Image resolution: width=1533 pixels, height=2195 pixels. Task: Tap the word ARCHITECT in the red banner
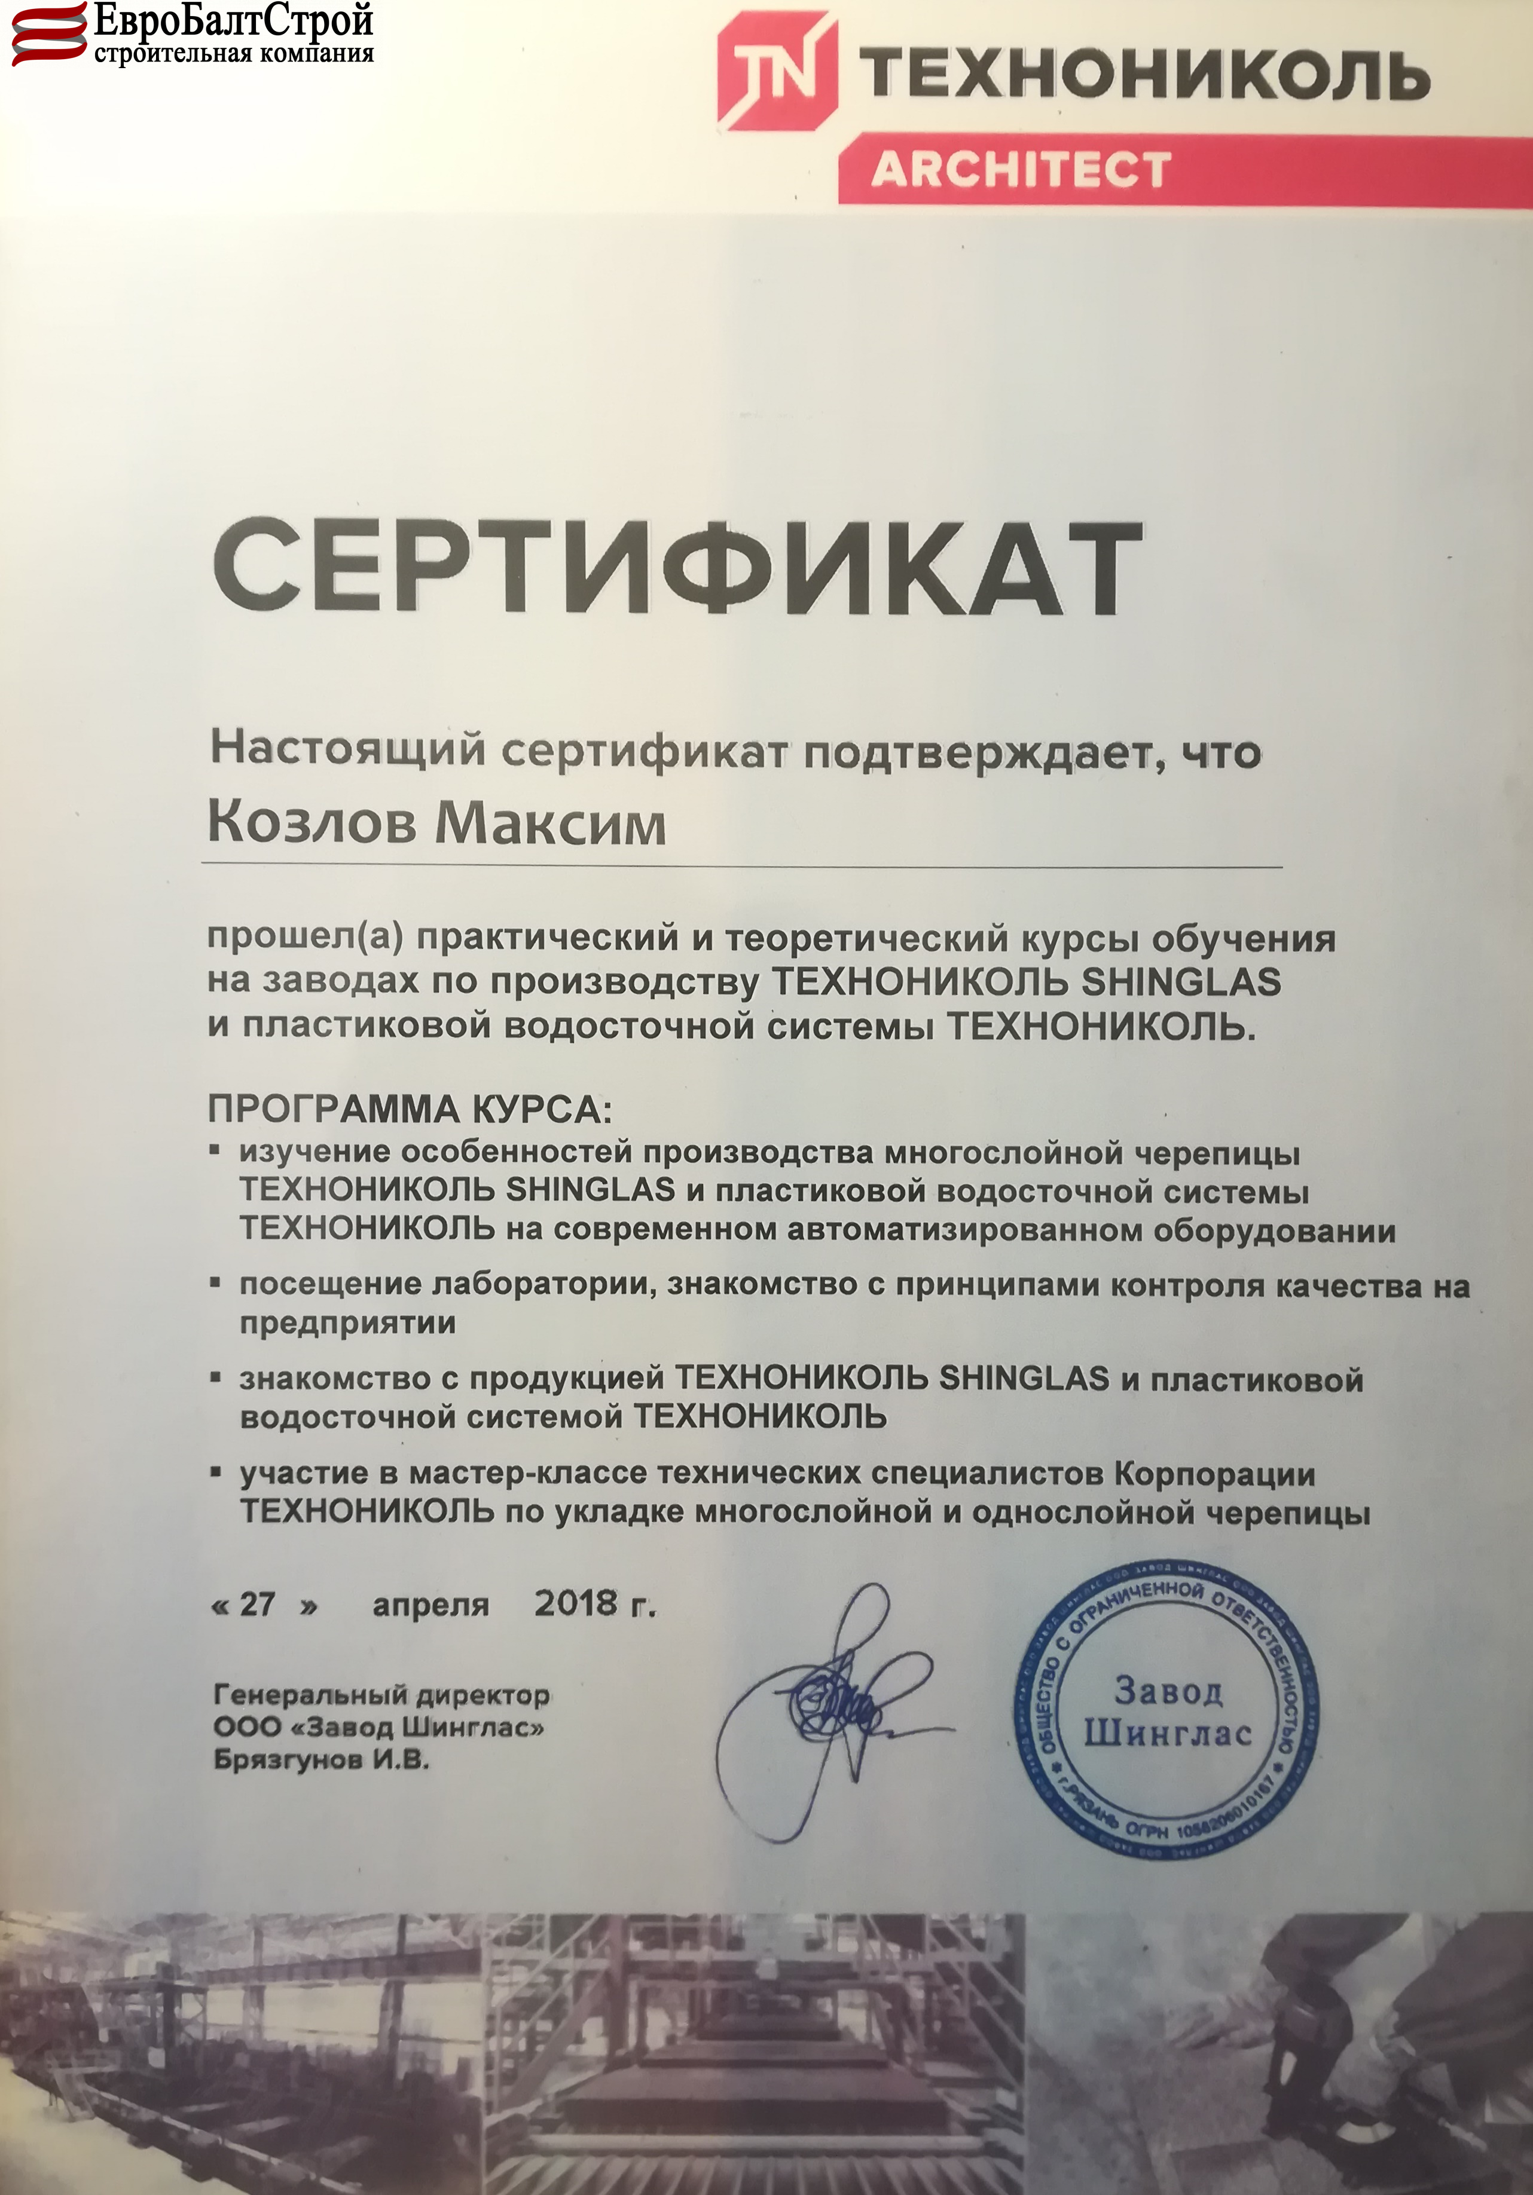point(1021,169)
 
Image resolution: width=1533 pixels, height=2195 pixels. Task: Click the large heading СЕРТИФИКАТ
point(677,573)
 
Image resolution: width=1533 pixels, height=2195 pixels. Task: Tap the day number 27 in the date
point(257,1603)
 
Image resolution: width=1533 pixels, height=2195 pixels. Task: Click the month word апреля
point(430,1605)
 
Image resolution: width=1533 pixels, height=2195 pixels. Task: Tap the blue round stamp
point(1166,1712)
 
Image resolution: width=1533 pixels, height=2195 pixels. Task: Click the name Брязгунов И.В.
point(321,1760)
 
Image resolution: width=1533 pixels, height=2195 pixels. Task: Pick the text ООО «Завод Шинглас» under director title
point(380,1728)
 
